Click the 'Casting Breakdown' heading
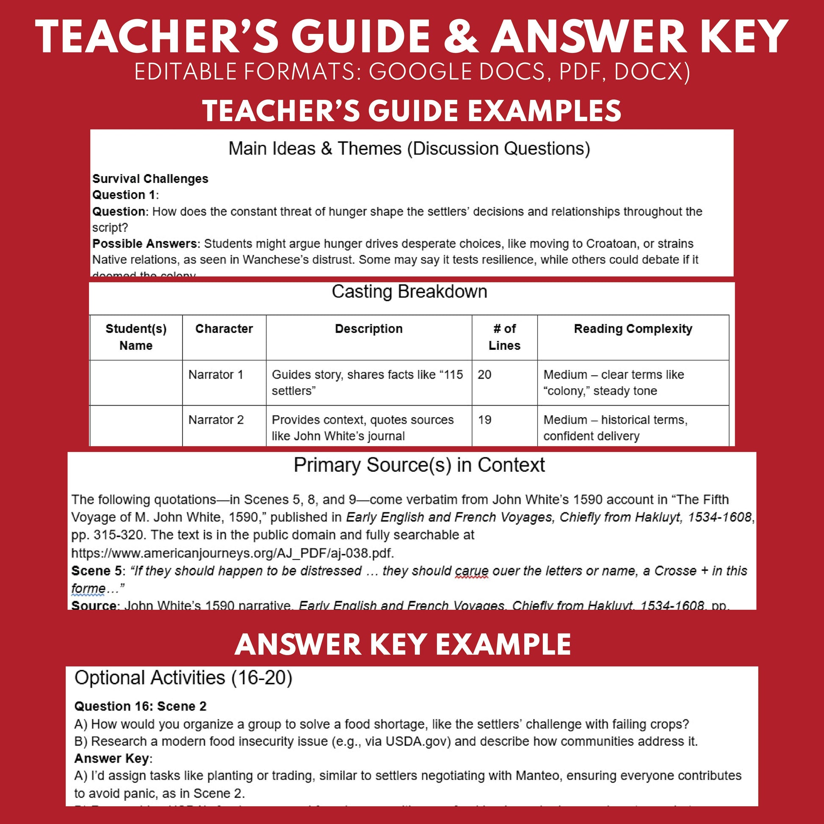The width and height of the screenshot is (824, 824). [409, 292]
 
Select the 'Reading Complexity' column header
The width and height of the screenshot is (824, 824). [633, 329]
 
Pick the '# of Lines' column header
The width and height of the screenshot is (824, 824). [504, 337]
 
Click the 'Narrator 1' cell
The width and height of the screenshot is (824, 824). [216, 374]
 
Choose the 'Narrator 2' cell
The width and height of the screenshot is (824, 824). [216, 420]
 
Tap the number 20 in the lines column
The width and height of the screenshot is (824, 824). [484, 374]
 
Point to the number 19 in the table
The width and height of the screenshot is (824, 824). [484, 420]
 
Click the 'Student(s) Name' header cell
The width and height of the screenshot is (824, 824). [135, 337]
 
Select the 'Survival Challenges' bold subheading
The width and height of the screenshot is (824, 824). [150, 179]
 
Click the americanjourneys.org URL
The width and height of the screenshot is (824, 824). [232, 553]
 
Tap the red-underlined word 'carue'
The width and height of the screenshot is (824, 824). [471, 571]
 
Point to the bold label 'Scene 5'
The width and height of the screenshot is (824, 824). [97, 571]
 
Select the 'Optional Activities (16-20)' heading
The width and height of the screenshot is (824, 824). [183, 678]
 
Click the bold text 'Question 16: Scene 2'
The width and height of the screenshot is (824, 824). [140, 706]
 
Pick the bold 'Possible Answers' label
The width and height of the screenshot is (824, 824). [145, 243]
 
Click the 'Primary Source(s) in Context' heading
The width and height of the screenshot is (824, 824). [419, 465]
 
